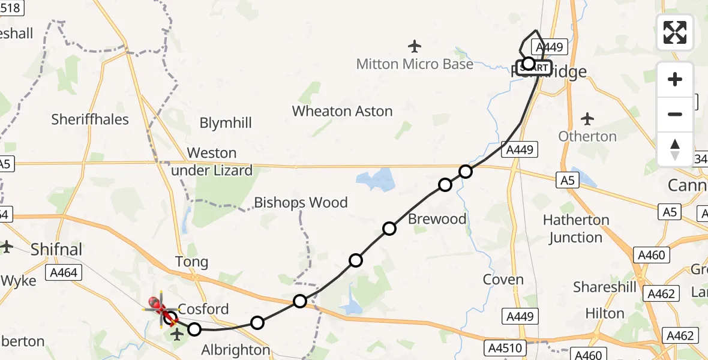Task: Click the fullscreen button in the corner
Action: click(675, 32)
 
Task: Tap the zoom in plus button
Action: click(675, 79)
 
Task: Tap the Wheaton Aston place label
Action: click(342, 111)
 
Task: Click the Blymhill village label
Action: click(226, 123)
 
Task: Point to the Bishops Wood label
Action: click(301, 202)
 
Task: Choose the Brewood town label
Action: click(437, 219)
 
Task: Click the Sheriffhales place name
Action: click(90, 119)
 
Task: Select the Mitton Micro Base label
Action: click(415, 64)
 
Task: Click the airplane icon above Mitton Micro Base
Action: click(414, 46)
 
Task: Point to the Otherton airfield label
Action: click(587, 136)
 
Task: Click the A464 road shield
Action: click(64, 273)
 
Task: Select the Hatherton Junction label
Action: click(575, 229)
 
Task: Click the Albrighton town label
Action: click(236, 350)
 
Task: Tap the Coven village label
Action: click(503, 280)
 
